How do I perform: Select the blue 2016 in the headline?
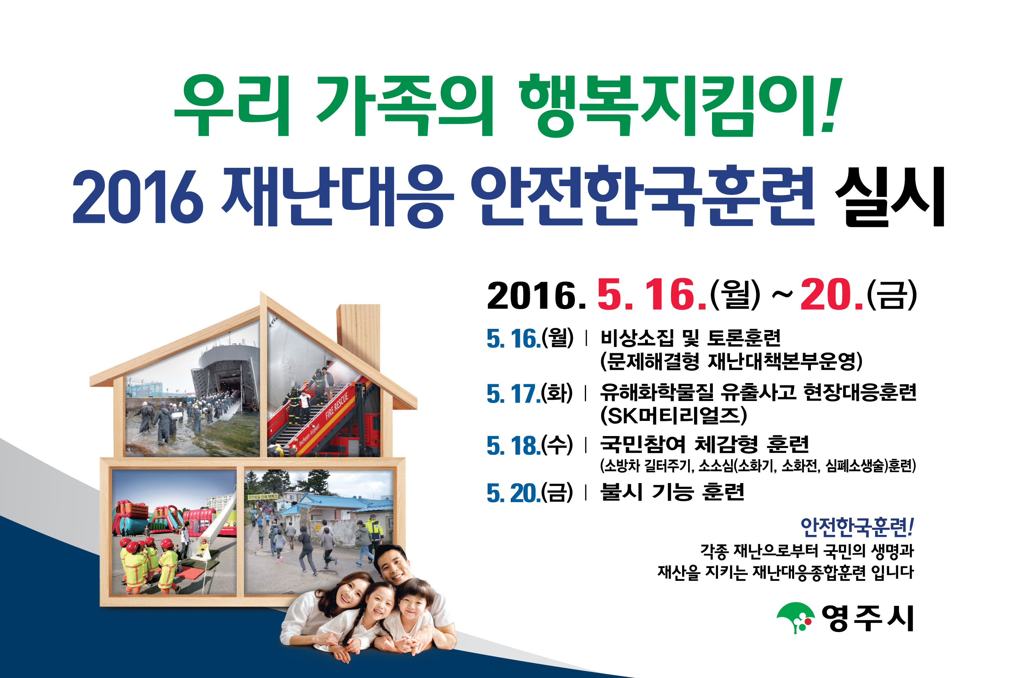(x=138, y=197)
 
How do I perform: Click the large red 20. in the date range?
(x=831, y=295)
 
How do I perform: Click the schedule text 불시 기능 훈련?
(x=673, y=492)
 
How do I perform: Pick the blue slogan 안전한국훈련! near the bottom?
(x=857, y=527)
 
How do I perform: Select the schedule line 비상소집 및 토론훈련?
(x=690, y=338)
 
